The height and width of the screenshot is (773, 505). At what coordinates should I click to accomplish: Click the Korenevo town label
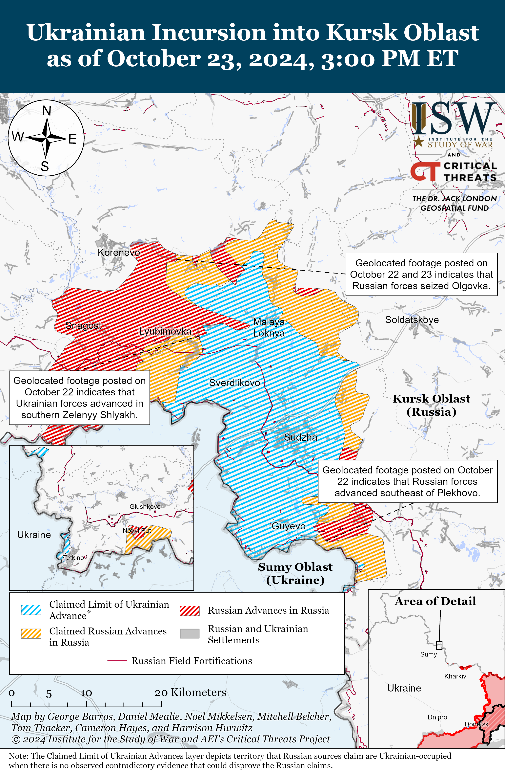coord(119,252)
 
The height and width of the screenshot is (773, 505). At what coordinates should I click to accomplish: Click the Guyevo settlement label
coord(288,526)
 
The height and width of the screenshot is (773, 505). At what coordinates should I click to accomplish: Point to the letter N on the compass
coord(47,111)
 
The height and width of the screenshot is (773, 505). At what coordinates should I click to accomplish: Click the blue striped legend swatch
coord(31,610)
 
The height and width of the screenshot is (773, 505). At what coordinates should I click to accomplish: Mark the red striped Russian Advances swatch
coord(190,611)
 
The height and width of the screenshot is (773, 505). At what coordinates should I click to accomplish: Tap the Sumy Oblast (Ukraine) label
coord(295,573)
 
